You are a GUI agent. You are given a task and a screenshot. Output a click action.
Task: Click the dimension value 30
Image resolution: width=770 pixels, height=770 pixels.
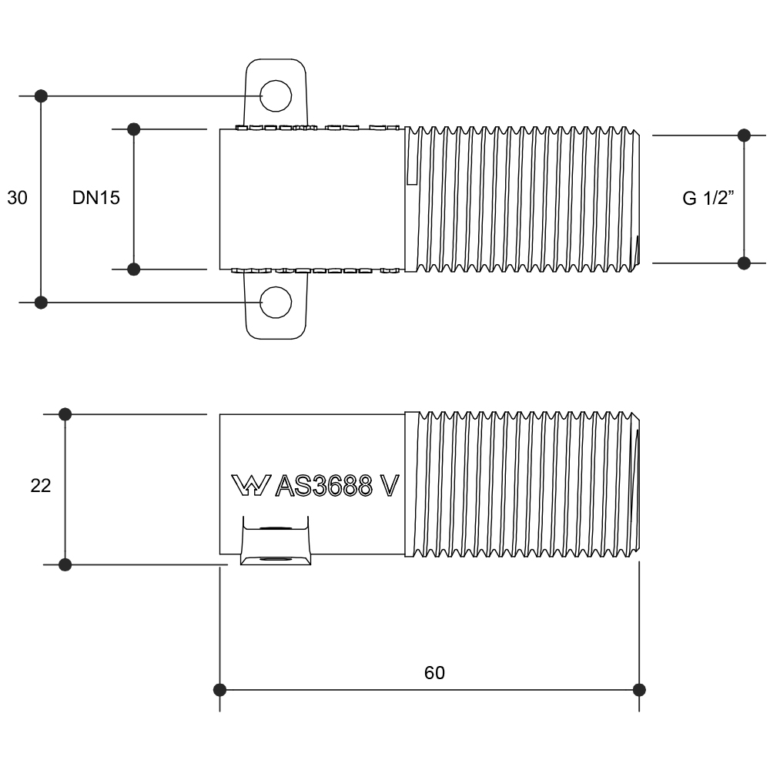pyautogui.click(x=18, y=198)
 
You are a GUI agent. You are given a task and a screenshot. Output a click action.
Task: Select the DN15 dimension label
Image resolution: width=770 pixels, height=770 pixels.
pyautogui.click(x=96, y=198)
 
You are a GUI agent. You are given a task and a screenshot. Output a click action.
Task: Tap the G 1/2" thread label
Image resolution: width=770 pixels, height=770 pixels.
pyautogui.click(x=708, y=198)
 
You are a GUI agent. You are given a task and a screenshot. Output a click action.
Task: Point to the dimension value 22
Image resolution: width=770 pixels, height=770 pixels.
pyautogui.click(x=41, y=487)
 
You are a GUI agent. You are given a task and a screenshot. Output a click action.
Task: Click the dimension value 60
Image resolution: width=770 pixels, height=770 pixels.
pyautogui.click(x=434, y=672)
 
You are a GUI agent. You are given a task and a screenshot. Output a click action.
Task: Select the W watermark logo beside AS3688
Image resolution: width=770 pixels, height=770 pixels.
pyautogui.click(x=249, y=485)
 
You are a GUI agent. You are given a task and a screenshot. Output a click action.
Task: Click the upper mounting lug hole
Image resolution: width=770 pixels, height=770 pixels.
pyautogui.click(x=276, y=96)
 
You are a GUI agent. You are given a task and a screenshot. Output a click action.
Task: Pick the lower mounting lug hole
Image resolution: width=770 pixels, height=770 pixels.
pyautogui.click(x=276, y=302)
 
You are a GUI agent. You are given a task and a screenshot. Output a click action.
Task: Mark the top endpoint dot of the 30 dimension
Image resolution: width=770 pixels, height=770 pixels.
pyautogui.click(x=42, y=96)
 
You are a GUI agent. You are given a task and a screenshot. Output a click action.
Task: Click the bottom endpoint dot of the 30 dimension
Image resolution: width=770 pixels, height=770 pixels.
pyautogui.click(x=42, y=302)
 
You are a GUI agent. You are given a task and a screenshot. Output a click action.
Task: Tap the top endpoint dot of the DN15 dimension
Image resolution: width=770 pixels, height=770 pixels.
pyautogui.click(x=133, y=129)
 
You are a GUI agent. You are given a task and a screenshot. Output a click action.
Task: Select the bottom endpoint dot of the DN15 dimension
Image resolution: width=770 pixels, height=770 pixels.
pyautogui.click(x=133, y=269)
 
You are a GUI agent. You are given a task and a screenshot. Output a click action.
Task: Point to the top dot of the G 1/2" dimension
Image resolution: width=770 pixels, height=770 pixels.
pyautogui.click(x=744, y=136)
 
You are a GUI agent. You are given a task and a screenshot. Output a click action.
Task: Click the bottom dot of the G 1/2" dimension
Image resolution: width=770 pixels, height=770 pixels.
pyautogui.click(x=744, y=263)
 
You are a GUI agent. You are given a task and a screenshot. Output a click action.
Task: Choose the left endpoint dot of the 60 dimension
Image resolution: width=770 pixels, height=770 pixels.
pyautogui.click(x=220, y=689)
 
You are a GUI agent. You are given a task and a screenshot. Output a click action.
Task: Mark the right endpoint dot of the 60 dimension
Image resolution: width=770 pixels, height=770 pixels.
pyautogui.click(x=638, y=689)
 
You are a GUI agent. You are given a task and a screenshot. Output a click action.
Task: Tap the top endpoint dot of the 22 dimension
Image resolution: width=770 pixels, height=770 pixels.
pyautogui.click(x=65, y=414)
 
